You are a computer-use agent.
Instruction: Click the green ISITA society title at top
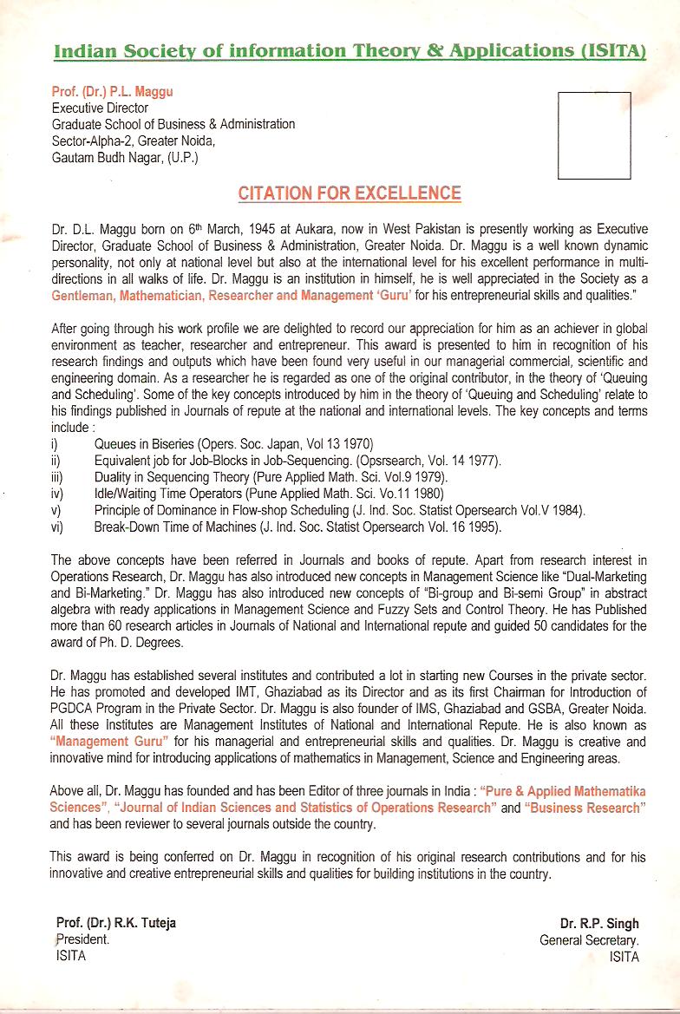(x=350, y=51)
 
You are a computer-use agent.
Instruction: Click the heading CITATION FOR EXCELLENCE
(x=350, y=193)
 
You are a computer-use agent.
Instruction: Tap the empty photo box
(x=593, y=134)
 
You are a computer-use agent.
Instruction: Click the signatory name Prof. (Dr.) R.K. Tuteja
(x=115, y=923)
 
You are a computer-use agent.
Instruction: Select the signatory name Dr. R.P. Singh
(x=599, y=923)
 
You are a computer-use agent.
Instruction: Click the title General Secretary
(x=590, y=939)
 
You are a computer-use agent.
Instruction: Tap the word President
(x=82, y=939)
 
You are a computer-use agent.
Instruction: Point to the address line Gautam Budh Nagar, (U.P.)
(x=125, y=158)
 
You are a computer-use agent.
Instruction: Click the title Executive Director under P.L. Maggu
(x=100, y=108)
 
